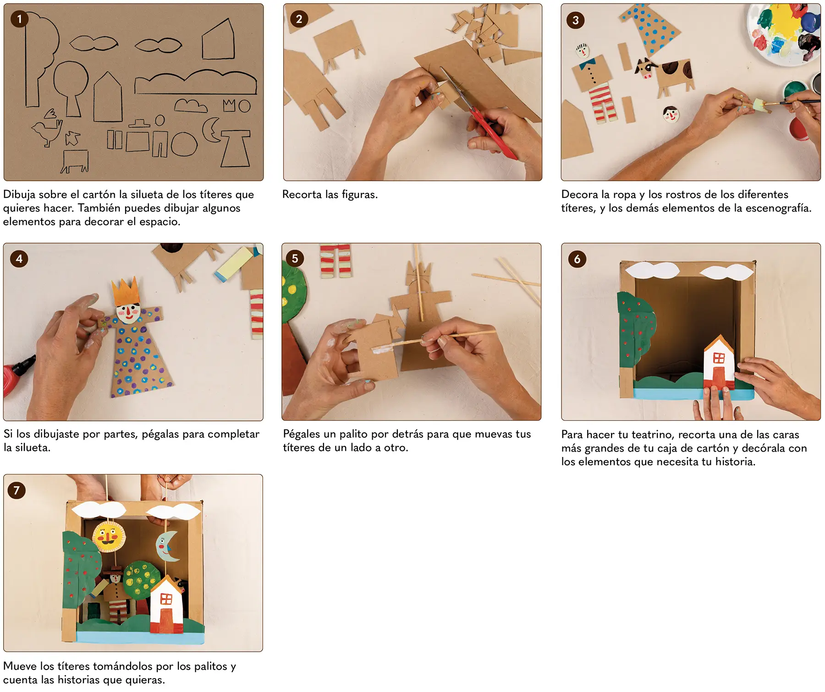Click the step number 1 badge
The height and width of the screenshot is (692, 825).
[x=19, y=19]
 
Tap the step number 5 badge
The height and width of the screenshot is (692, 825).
[x=295, y=258]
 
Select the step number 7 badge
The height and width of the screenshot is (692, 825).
[x=16, y=490]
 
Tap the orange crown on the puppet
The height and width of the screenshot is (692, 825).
[x=126, y=291]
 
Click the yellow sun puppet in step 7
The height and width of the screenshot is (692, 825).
[x=109, y=536]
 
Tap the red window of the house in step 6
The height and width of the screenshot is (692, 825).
[x=719, y=358]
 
